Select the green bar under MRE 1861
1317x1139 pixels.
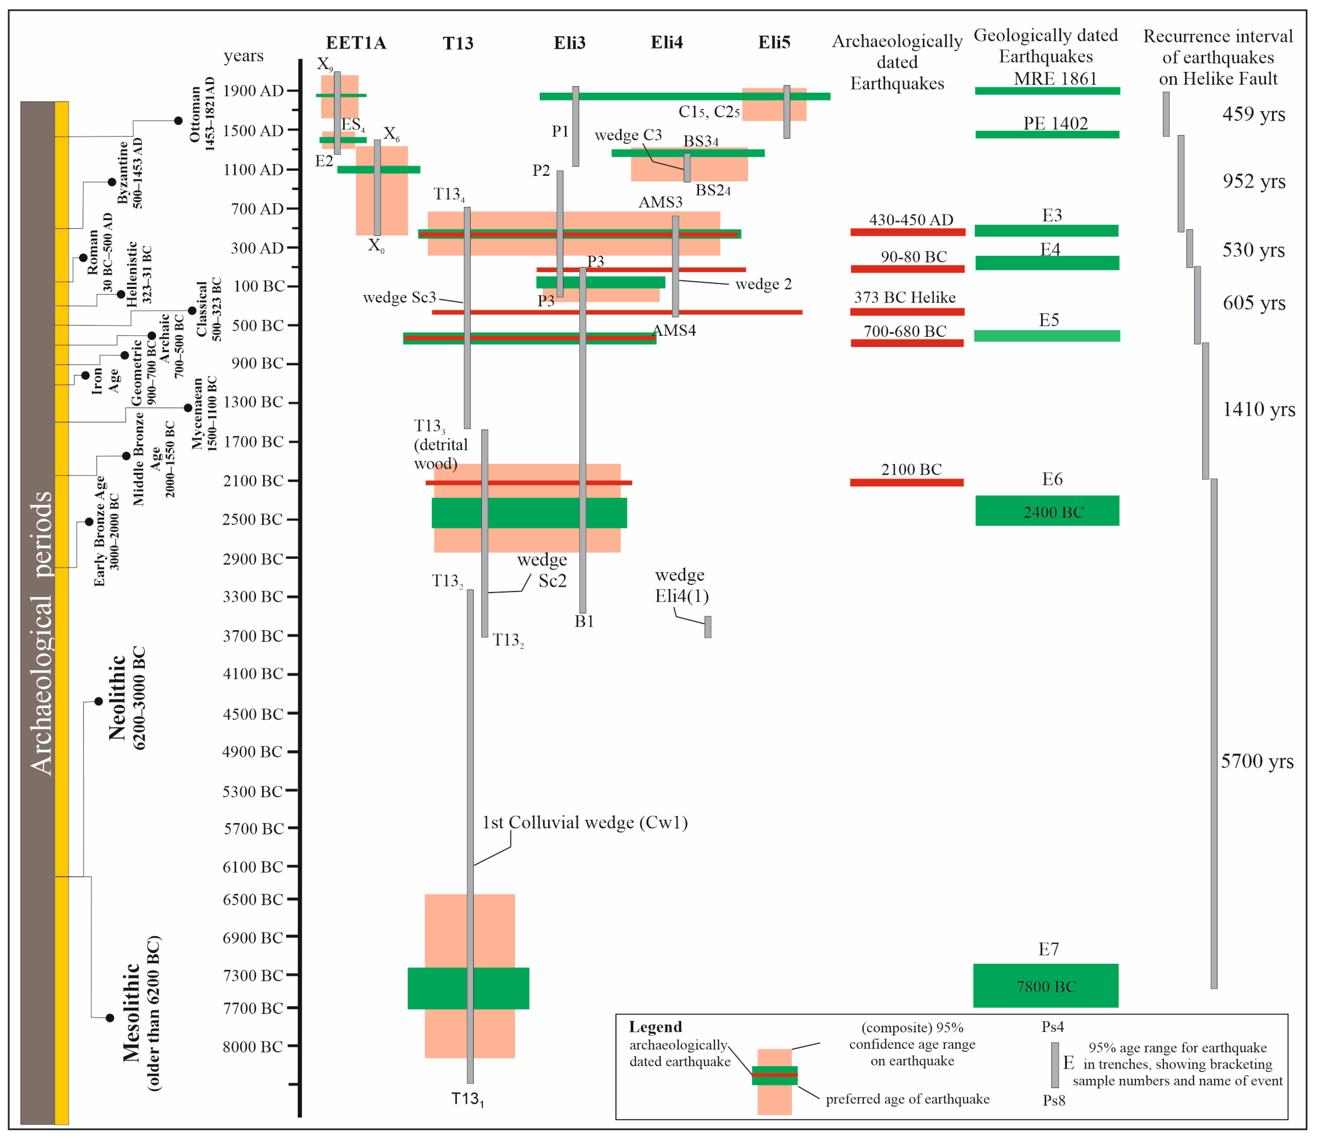point(1047,91)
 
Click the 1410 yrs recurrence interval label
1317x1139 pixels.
point(1258,409)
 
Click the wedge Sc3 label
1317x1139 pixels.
point(399,298)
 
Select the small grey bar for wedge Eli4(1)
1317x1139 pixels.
point(707,627)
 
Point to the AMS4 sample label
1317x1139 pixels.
point(674,330)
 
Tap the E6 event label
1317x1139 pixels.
point(1052,479)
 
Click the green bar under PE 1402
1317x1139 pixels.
point(1047,134)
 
